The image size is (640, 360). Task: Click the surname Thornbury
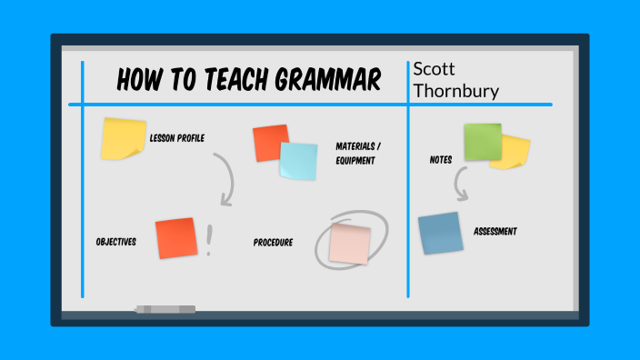click(x=455, y=90)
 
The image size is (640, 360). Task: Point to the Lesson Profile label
click(x=176, y=138)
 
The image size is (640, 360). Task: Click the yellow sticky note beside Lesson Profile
click(x=123, y=139)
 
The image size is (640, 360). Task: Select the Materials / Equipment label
click(x=358, y=153)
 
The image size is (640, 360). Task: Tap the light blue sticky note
click(x=298, y=161)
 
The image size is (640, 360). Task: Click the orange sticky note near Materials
click(x=270, y=143)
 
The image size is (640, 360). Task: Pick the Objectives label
click(x=115, y=242)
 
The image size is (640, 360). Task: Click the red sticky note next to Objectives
click(x=175, y=238)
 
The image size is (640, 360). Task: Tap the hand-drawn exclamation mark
click(x=210, y=240)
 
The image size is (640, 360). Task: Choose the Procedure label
click(x=273, y=243)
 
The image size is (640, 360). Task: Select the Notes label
click(x=441, y=160)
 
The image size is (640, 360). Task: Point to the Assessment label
click(x=495, y=232)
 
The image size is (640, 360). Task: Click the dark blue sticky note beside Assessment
click(x=441, y=233)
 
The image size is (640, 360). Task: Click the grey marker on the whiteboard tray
click(x=165, y=310)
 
